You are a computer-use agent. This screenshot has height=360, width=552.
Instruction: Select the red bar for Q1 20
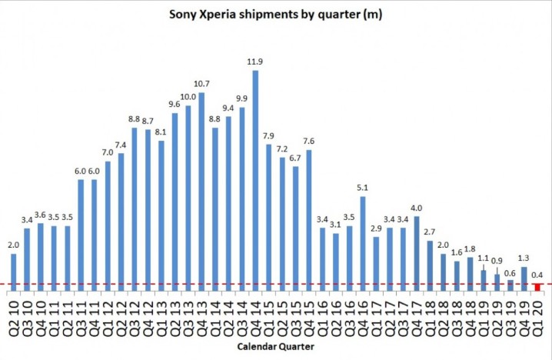537,288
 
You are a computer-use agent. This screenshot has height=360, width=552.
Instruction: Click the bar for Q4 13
201,192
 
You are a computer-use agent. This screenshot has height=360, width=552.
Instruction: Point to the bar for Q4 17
417,254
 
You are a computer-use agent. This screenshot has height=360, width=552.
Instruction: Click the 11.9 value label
255,62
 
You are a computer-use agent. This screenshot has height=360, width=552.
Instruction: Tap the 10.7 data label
201,84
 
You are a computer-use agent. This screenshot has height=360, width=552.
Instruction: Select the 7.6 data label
309,142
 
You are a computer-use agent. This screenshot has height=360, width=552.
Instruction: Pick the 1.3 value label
524,258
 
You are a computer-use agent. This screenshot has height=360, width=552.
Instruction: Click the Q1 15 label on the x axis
269,315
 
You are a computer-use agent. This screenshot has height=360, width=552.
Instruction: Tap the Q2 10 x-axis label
14,315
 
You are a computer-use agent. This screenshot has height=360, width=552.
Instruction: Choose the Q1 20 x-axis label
537,315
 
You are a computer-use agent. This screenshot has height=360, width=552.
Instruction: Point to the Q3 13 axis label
188,315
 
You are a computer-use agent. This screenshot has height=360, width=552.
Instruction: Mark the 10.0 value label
188,97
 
